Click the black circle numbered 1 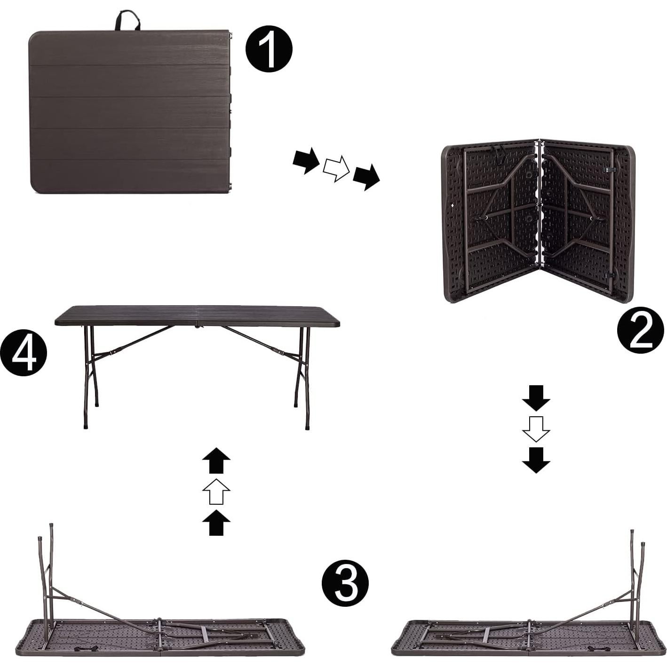269,48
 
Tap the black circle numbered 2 640,330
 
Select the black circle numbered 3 345,583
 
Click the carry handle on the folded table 127,20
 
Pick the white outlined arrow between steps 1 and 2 336,168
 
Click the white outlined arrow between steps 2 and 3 536,428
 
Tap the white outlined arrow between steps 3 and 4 216,491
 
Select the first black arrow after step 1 306,161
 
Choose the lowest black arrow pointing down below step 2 536,459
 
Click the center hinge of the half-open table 540,207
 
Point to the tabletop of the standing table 198,316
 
